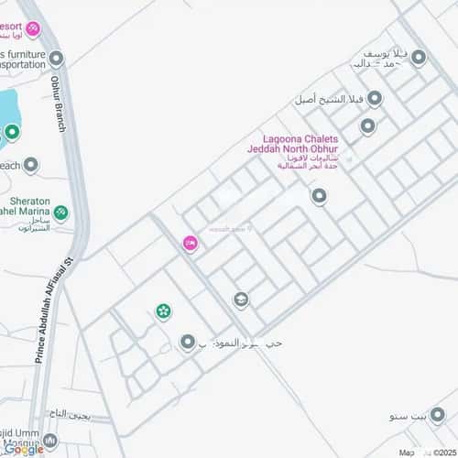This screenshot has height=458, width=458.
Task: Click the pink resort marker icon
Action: tap(33, 30)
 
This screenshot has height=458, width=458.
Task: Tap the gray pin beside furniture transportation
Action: tap(57, 60)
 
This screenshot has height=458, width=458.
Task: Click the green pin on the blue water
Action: tap(11, 131)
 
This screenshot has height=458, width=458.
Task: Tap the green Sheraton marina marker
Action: tap(61, 213)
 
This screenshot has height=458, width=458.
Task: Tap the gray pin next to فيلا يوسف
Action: tap(420, 58)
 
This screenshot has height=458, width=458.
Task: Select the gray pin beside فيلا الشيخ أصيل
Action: tap(374, 98)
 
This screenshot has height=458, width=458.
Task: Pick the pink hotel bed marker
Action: tap(190, 243)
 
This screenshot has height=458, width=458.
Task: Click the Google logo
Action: tap(23, 449)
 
